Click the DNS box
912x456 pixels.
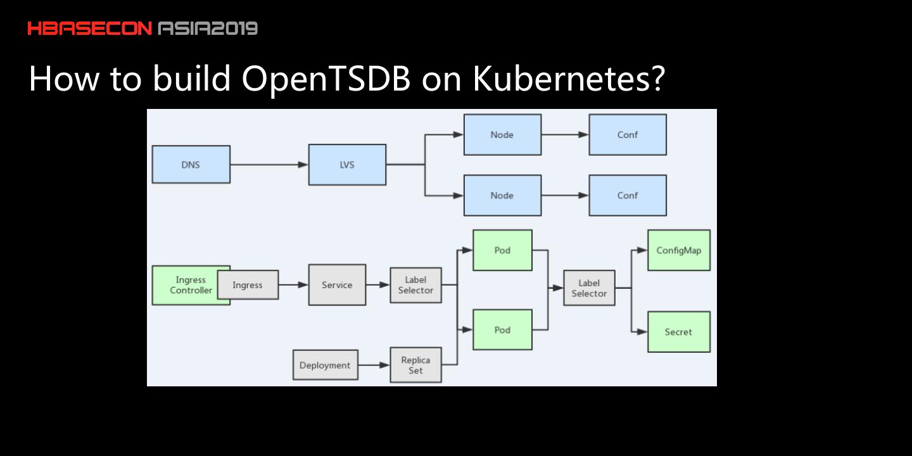191,165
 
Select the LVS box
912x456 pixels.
347,165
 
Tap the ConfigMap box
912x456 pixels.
679,250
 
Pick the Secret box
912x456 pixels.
679,332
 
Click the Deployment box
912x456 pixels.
326,365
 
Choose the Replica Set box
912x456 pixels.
415,365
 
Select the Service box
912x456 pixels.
337,284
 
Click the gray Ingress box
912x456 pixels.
248,284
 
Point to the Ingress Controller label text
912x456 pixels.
191,285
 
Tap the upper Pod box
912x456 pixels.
502,250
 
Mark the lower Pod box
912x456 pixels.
502,330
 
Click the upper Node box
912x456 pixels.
502,134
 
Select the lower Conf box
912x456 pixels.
628,196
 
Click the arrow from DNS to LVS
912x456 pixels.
269,165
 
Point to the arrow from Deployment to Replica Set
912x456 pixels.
374,365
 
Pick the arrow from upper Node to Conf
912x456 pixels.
565,134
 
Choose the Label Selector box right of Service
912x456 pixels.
415,285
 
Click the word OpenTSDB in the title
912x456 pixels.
326,78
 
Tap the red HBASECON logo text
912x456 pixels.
89,28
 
